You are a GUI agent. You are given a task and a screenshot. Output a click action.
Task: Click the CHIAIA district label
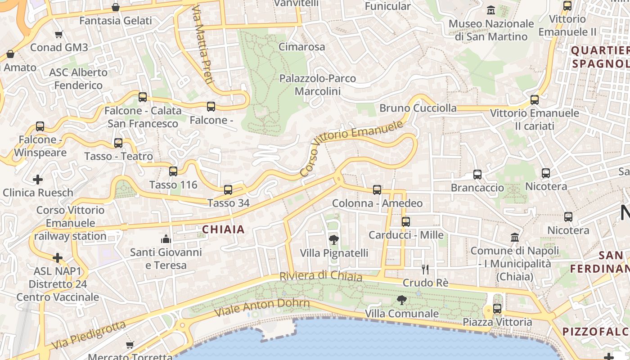[x=223, y=229]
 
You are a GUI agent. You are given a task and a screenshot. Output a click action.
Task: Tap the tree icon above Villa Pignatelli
[x=334, y=239]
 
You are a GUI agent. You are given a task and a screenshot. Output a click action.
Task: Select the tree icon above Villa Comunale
[x=401, y=300]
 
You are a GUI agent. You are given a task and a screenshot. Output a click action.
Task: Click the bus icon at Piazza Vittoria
[x=497, y=309]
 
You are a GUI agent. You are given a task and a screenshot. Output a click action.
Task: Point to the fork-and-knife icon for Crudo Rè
[x=425, y=270]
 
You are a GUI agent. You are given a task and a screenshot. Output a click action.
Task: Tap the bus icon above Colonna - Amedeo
[x=377, y=190]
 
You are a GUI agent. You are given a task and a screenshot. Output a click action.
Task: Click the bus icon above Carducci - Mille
[x=406, y=221]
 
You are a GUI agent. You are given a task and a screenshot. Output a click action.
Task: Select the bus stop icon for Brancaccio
[x=477, y=175]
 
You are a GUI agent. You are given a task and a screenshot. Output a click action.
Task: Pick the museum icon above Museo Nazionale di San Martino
[x=491, y=10]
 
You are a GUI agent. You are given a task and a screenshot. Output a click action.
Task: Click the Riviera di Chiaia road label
[x=320, y=275]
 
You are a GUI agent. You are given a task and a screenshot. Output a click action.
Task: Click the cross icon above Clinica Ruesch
[x=38, y=180]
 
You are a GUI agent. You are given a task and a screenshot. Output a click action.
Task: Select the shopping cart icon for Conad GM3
[x=58, y=34]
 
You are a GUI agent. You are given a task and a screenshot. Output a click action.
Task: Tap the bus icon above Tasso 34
[x=228, y=190]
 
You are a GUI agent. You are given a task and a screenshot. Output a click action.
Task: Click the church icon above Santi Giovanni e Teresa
[x=166, y=238]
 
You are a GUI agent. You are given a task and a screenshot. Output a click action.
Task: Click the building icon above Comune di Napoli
[x=515, y=237]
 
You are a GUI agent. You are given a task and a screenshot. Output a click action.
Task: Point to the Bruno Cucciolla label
[x=418, y=108]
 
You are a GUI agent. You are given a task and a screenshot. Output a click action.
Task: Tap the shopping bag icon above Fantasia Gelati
[x=116, y=7]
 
